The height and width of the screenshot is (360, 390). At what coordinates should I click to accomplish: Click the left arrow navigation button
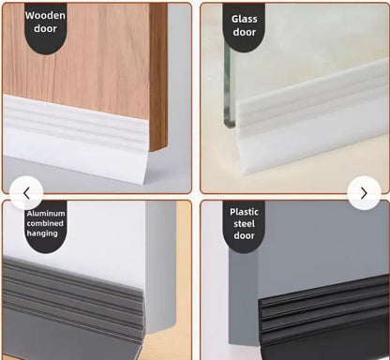(26, 193)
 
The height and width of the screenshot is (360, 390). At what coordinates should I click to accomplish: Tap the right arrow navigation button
(364, 193)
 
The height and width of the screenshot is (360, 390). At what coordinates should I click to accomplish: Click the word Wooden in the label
(45, 15)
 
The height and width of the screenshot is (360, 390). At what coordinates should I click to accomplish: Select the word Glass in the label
(245, 18)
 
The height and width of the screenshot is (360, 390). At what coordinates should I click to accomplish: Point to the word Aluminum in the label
(45, 215)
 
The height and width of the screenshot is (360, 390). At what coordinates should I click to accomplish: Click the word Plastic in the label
(245, 211)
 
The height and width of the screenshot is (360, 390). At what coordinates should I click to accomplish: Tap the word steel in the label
(245, 223)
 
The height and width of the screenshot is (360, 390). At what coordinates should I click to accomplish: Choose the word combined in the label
(45, 224)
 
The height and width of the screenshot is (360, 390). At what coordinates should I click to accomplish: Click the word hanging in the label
(43, 233)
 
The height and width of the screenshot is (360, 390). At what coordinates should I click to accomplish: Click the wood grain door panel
(103, 56)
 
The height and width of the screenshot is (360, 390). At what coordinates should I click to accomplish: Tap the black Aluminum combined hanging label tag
(44, 226)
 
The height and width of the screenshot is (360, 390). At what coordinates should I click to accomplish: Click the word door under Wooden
(45, 30)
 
